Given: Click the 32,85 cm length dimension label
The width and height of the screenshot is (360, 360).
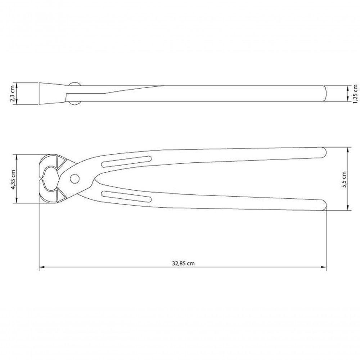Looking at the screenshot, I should click(183, 263).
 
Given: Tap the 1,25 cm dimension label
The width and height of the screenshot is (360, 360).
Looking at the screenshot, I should click(355, 93).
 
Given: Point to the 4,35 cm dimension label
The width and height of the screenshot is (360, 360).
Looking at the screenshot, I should click(13, 179).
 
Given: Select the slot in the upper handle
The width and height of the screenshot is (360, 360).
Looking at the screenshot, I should click(126, 162).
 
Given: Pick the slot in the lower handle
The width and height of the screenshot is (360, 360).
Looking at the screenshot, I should click(126, 196).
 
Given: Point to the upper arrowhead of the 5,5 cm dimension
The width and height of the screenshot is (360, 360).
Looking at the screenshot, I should click(348, 149).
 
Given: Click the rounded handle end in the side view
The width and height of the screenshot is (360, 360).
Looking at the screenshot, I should click(324, 93).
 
